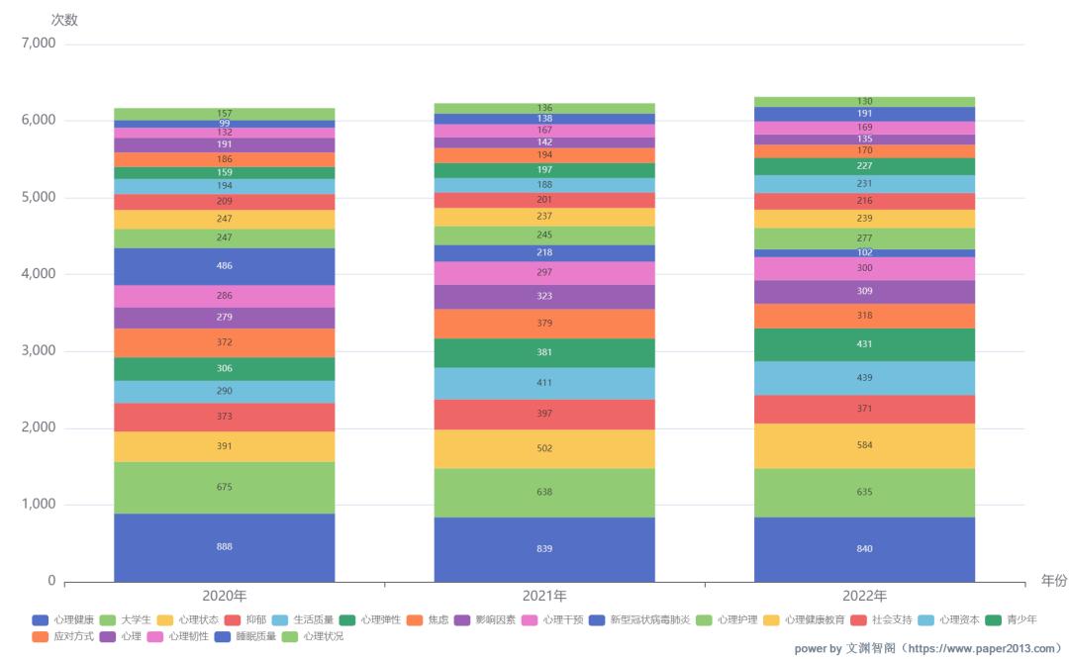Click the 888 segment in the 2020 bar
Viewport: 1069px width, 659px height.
225,547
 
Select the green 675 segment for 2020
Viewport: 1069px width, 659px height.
225,487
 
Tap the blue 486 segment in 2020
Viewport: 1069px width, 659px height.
225,266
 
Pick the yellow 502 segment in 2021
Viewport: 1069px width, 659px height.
544,448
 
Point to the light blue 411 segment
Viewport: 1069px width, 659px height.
544,383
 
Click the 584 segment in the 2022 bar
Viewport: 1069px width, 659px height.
864,445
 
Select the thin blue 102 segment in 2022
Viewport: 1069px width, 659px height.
864,253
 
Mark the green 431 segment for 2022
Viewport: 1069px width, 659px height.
864,344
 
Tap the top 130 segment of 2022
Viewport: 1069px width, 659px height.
864,102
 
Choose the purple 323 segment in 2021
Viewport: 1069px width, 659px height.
544,297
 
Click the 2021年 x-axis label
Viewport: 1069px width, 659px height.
544,596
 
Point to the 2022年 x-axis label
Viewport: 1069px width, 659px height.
864,596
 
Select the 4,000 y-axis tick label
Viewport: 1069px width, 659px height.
39,274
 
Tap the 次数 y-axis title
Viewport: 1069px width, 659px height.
64,19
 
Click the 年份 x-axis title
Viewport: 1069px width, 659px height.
1053,581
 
